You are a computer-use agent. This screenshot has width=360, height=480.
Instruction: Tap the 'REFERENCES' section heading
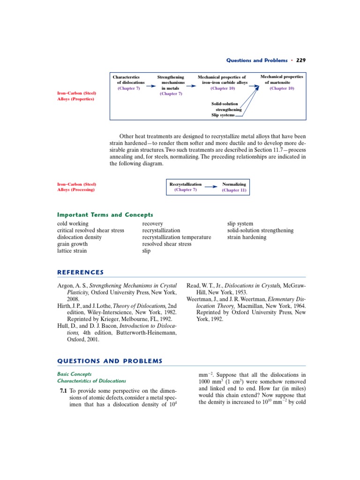coord(80,272)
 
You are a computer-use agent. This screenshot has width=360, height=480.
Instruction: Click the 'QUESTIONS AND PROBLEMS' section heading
coord(109,361)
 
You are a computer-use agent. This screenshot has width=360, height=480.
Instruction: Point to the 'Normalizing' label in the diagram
coord(234,184)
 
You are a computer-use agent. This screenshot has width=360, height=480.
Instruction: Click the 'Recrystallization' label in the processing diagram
coord(185,184)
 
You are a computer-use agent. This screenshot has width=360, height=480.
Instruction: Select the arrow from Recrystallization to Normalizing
coord(211,187)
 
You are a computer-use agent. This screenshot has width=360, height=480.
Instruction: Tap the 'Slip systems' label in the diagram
coord(223,115)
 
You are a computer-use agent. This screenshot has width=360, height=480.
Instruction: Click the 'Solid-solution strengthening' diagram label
coord(225,106)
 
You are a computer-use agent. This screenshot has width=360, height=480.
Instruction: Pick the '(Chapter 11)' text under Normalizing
coord(234,190)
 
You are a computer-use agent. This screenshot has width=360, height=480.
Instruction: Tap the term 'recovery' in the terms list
coord(152,224)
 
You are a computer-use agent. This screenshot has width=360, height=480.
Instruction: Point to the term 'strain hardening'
coord(247,237)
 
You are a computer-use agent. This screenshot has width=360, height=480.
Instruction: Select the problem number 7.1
coord(62,391)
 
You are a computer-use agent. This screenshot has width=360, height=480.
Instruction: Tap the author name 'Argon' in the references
coord(65,285)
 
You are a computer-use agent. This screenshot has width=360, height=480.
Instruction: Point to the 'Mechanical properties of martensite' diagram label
coord(282,79)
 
